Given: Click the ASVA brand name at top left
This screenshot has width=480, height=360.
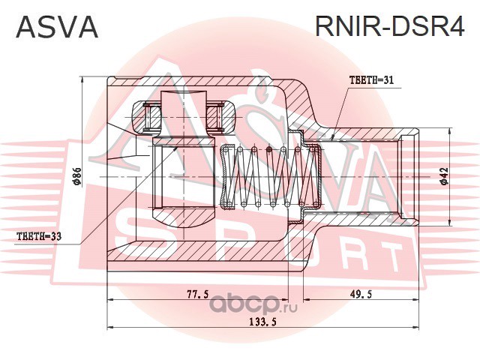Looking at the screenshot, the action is [x=57, y=27].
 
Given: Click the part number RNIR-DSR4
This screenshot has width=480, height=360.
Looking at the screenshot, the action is [x=390, y=27].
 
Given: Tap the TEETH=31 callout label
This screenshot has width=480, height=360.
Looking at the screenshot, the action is [x=372, y=80].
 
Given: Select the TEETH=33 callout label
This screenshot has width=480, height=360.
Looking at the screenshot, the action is [x=40, y=237].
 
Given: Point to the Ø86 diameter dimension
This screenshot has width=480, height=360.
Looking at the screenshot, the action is [x=77, y=175].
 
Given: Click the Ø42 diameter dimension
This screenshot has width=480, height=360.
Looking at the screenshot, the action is [x=444, y=175].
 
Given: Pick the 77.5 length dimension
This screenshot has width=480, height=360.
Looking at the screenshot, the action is [x=197, y=295].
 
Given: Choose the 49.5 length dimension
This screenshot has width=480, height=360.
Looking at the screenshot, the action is [x=361, y=295].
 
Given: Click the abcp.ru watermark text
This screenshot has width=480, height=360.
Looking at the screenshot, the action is [x=255, y=305].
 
